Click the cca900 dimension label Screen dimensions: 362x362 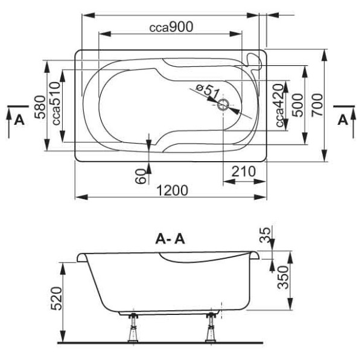(171, 27)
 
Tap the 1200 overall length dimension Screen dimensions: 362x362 (172, 191)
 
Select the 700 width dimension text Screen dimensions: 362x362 (317, 105)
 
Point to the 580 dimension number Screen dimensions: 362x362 (40, 107)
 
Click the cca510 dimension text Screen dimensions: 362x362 (56, 103)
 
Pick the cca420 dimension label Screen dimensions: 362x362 (279, 105)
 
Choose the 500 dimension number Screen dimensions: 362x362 (297, 105)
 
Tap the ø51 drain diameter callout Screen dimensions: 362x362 (208, 91)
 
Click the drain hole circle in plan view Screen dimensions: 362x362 (223, 105)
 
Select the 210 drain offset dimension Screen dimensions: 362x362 (244, 171)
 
